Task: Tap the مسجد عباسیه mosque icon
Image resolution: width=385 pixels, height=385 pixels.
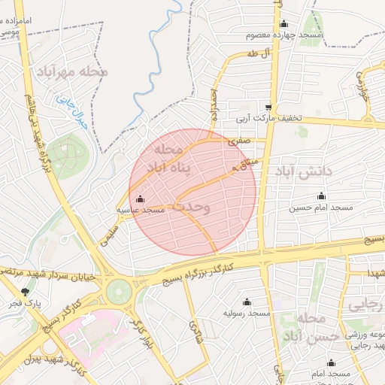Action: [141, 199]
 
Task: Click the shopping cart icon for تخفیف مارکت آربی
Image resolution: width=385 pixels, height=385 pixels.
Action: [269, 108]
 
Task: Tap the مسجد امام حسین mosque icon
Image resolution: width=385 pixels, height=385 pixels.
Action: [322, 196]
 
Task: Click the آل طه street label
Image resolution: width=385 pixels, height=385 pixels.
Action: [257, 55]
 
